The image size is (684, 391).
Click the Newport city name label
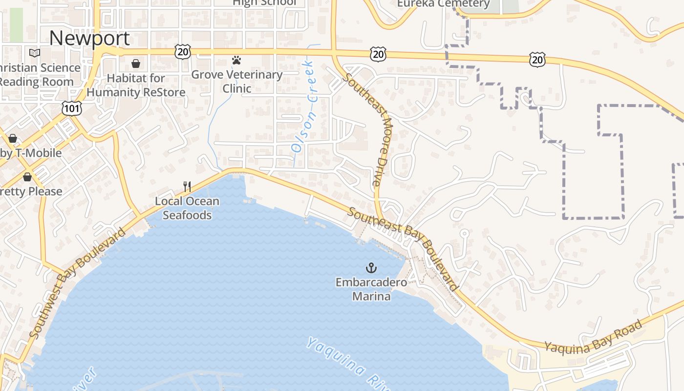(x=89, y=38)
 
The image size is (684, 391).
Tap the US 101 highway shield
(x=71, y=108)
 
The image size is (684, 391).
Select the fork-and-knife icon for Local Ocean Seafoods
(x=187, y=186)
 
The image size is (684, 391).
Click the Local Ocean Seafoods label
(x=187, y=208)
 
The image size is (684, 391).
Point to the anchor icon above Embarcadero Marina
(x=371, y=268)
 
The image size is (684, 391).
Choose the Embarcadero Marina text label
(x=371, y=289)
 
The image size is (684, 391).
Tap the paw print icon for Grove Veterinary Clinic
(x=236, y=61)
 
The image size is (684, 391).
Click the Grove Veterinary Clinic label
(x=236, y=81)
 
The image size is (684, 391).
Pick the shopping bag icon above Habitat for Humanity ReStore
(x=136, y=64)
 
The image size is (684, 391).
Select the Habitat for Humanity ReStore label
(x=136, y=85)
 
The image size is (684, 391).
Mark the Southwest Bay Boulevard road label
(x=77, y=283)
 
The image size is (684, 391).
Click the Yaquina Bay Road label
(x=593, y=337)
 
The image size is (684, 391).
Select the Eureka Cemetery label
(x=443, y=4)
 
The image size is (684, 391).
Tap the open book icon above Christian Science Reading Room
(x=34, y=53)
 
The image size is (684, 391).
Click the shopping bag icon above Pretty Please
(x=27, y=176)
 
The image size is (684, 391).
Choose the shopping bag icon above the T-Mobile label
(x=13, y=138)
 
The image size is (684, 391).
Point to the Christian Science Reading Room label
(x=39, y=74)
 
